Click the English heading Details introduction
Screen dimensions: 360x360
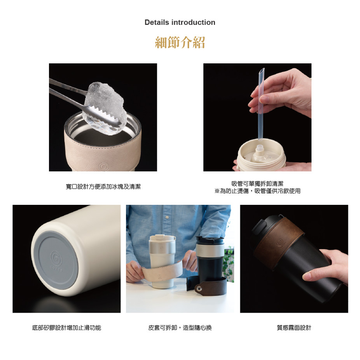click(x=180, y=22)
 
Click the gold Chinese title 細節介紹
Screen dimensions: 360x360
click(x=180, y=42)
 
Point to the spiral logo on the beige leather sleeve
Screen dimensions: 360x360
click(x=104, y=166)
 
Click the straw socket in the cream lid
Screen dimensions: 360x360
click(x=259, y=150)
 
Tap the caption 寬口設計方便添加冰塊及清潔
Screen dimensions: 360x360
click(x=103, y=187)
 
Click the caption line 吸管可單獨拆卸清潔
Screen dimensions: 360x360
click(x=257, y=183)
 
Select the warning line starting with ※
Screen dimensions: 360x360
click(x=257, y=191)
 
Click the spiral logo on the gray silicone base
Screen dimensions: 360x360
click(x=56, y=258)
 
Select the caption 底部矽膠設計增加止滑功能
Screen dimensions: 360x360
click(x=66, y=328)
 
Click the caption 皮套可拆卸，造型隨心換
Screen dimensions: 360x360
click(x=180, y=328)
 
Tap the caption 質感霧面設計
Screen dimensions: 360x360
click(x=294, y=328)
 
